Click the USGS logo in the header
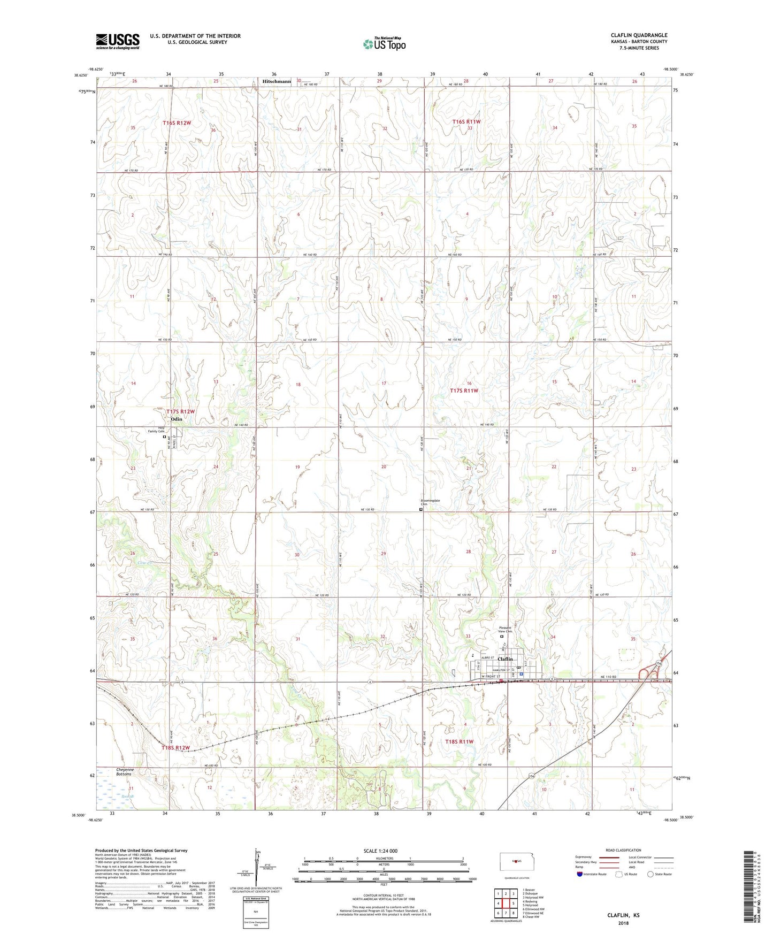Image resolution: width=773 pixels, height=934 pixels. [118, 41]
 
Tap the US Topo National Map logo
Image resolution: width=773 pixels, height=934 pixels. [384, 44]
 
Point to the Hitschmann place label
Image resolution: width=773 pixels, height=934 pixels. [277, 81]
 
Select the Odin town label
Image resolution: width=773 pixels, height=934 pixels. [177, 419]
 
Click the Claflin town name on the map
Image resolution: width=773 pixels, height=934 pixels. [505, 659]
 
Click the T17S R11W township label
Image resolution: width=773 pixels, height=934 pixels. [464, 391]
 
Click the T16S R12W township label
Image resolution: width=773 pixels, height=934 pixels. [177, 123]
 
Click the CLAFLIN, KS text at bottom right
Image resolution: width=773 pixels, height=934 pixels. [623, 915]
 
